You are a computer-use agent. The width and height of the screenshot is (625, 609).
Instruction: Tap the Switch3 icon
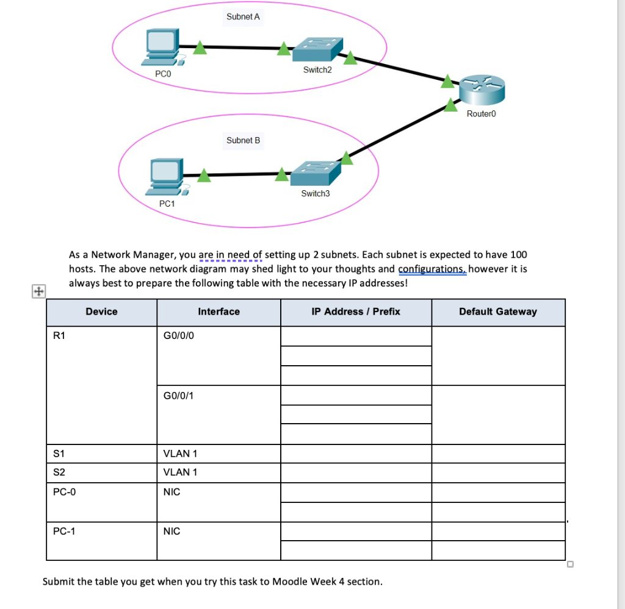click(x=314, y=174)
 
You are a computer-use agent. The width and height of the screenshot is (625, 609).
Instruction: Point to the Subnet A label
click(x=243, y=16)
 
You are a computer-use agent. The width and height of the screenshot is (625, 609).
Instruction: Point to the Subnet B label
click(x=243, y=140)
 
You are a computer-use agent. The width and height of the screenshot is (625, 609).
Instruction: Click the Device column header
click(x=101, y=312)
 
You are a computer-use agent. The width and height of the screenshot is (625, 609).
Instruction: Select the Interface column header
click(x=219, y=312)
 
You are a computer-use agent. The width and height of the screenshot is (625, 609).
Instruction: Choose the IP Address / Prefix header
click(x=356, y=312)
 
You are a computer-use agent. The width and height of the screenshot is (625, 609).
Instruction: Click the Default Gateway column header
click(x=498, y=312)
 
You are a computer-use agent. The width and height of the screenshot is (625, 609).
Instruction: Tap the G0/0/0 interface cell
click(x=179, y=335)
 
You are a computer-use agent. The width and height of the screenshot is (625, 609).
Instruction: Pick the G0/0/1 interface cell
click(x=179, y=396)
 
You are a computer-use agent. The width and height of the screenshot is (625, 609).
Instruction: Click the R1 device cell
click(x=59, y=335)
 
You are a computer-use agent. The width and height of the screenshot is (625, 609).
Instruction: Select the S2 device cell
click(x=59, y=472)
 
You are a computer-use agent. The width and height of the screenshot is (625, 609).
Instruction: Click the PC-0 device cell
click(x=64, y=491)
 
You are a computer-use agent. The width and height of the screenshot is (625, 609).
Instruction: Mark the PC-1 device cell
click(x=64, y=531)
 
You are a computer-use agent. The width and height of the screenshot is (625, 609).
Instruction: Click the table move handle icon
click(x=38, y=291)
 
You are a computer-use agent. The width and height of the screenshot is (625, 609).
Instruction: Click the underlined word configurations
click(x=432, y=269)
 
